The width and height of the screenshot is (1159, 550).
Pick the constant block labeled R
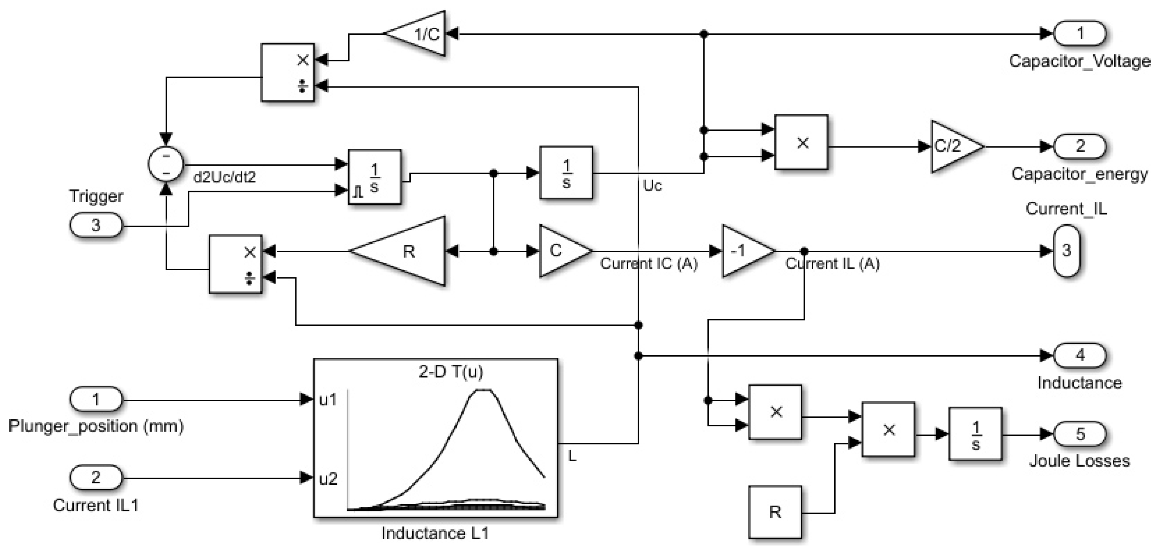(775, 512)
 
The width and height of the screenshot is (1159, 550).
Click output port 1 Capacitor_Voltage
(1080, 33)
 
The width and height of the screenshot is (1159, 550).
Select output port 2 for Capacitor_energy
(1080, 146)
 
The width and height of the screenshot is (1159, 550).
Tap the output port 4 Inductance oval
(1080, 355)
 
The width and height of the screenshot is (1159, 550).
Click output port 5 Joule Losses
(1080, 434)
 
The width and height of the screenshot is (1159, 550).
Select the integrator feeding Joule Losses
(975, 434)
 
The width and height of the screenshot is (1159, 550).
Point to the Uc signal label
(652, 185)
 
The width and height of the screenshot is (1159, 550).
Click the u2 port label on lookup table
(328, 479)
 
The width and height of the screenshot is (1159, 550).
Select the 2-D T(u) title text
(450, 371)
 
